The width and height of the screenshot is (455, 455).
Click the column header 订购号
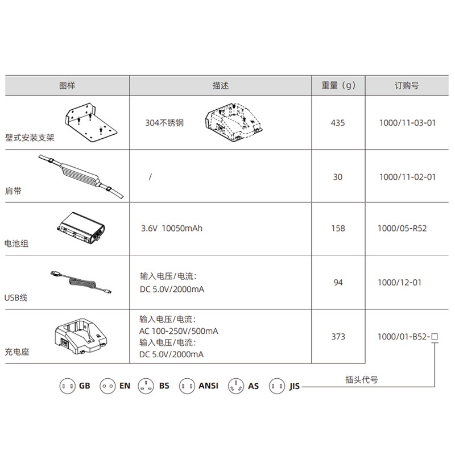tap(407, 86)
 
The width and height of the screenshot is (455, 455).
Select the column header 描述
tap(221, 86)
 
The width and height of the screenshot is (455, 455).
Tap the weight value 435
tap(338, 123)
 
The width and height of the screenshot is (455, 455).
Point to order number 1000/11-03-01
tap(407, 123)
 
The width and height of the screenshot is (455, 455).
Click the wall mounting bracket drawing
tap(91, 122)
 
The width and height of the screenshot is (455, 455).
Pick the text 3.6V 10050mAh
tap(172, 229)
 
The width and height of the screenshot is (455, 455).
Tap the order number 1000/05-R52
tap(402, 229)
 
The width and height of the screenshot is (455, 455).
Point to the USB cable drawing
tap(81, 282)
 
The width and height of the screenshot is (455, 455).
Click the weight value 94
tap(338, 282)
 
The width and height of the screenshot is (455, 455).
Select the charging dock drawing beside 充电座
tap(81, 336)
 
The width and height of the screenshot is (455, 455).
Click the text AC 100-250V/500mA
tap(179, 331)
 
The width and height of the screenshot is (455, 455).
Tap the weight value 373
tap(338, 337)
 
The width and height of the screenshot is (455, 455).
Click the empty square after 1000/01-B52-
tap(435, 337)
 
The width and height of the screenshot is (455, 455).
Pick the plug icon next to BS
tap(146, 386)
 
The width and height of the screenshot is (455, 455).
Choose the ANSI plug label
tap(208, 386)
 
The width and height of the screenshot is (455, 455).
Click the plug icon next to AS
tap(236, 386)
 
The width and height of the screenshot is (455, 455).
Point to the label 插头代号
tap(362, 379)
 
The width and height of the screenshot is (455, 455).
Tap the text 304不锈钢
tap(164, 123)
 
